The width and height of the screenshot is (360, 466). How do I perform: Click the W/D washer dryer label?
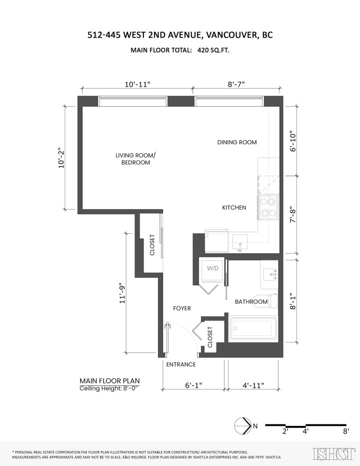click(213, 269)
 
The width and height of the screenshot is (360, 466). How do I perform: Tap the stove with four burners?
click(267, 207)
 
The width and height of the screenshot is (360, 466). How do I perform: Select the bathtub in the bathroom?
click(252, 329)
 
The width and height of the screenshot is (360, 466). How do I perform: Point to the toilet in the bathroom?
click(272, 301)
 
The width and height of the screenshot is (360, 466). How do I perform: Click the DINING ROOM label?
click(237, 142)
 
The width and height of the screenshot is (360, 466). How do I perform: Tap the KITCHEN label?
click(234, 207)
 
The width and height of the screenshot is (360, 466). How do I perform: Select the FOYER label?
click(182, 308)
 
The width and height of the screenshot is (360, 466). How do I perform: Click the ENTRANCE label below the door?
click(180, 364)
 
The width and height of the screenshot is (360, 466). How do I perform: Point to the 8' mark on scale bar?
click(345, 430)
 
